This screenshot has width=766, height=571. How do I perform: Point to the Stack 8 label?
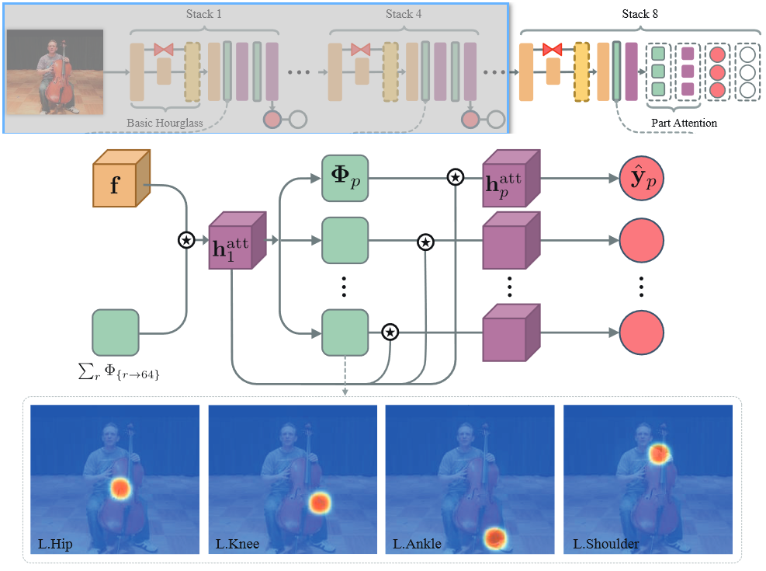pos(641,14)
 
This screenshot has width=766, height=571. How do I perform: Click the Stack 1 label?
pos(203,14)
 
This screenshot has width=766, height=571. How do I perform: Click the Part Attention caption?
pos(683,123)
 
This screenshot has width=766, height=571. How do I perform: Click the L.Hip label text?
pos(55,544)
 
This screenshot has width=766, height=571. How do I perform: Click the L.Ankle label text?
pos(417,544)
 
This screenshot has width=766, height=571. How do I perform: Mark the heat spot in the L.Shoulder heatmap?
pos(659,453)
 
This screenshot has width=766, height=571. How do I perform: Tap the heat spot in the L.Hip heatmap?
pos(120,488)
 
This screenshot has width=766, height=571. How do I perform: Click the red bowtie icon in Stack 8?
pos(552,50)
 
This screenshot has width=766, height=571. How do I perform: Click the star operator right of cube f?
pos(186,240)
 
